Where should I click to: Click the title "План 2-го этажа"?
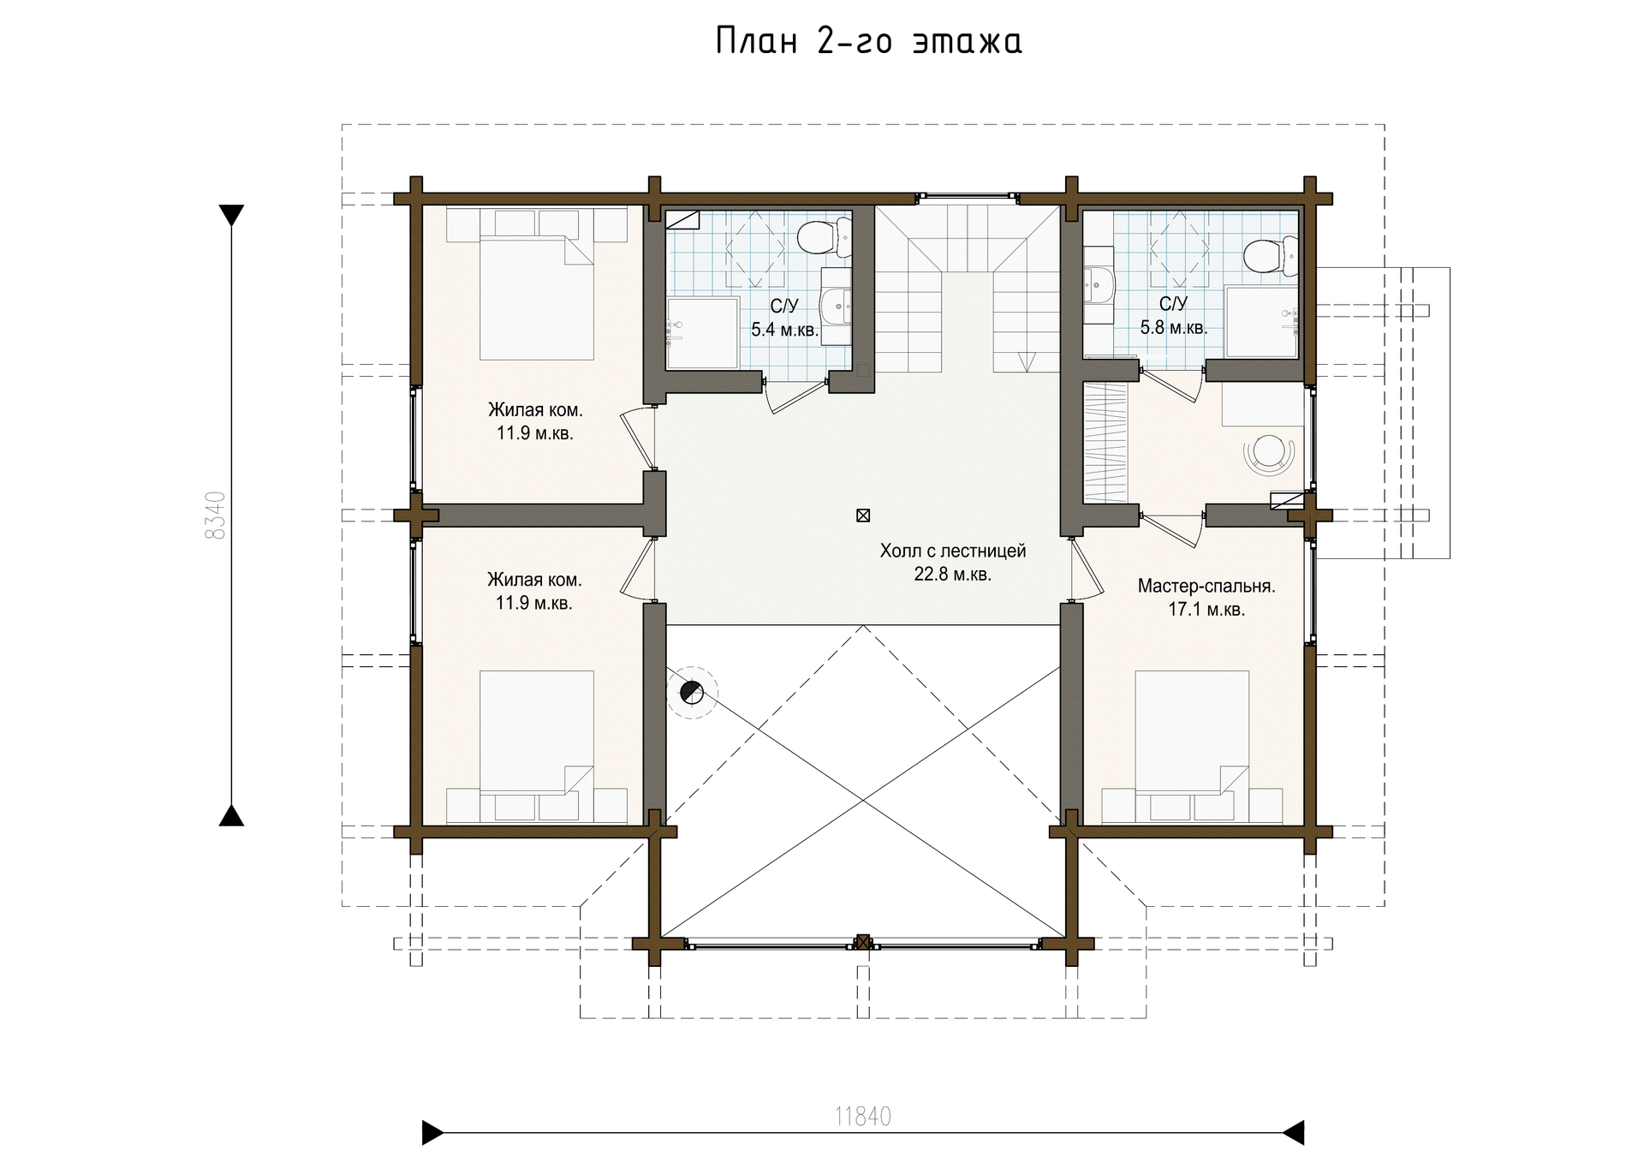(868, 41)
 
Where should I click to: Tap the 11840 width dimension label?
(863, 1117)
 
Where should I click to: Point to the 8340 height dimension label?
(216, 515)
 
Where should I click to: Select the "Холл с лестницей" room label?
(952, 551)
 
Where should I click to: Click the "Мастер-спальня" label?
(1206, 587)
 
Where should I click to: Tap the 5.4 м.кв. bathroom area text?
(784, 330)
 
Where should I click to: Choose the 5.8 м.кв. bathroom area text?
(1173, 327)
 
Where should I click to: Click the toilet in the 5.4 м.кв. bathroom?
(824, 237)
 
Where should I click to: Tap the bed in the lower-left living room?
(536, 746)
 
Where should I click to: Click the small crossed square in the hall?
(863, 515)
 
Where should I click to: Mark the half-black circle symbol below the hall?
(691, 692)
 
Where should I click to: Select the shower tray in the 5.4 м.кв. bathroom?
(703, 333)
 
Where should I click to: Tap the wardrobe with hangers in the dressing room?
(1105, 444)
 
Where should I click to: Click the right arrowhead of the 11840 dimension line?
(1293, 1132)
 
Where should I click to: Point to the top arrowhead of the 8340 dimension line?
(231, 216)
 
